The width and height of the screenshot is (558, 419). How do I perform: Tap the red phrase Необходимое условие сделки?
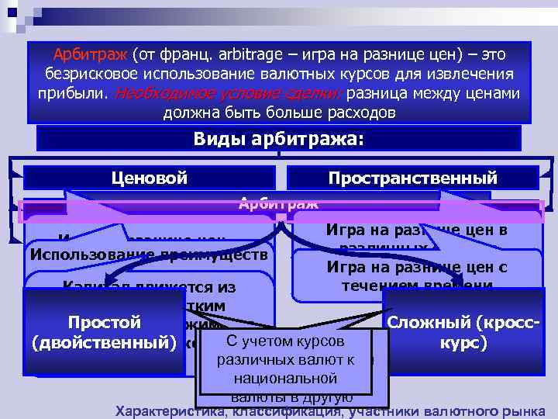point(229,94)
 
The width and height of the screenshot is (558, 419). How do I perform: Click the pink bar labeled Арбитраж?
point(278,204)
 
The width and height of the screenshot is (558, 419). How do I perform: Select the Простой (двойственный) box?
point(104,332)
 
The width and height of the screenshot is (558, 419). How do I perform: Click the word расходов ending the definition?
point(356,113)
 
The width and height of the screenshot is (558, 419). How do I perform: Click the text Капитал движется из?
point(150,288)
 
